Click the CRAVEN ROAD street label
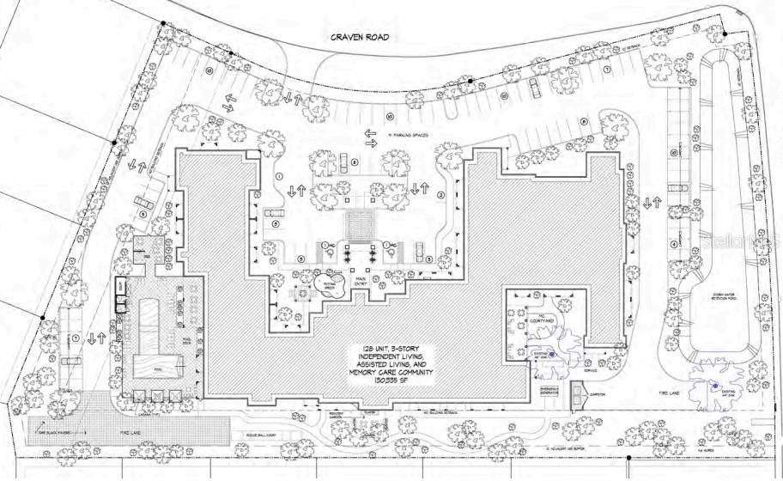(x=361, y=37)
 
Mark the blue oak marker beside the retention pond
(x=714, y=386)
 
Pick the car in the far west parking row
(x=148, y=204)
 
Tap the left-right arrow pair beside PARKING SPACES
(x=371, y=138)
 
